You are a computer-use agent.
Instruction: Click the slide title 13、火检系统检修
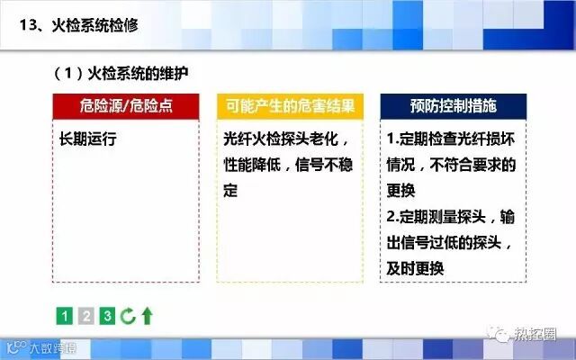[78, 25]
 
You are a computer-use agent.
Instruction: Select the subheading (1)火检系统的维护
[121, 74]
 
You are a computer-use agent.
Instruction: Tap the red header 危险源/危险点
[126, 106]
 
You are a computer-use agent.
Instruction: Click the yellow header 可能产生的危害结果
[290, 106]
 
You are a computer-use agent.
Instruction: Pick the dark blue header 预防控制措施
[454, 106]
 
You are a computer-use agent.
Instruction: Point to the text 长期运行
[88, 139]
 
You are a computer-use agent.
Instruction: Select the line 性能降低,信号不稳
[288, 165]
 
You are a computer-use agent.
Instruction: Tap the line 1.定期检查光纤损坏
[451, 139]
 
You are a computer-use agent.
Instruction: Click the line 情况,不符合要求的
[452, 165]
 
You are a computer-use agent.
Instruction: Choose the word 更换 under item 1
[400, 190]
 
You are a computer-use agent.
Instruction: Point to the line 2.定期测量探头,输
[451, 216]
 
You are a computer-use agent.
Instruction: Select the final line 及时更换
[415, 268]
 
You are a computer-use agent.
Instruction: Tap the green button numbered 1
[65, 316]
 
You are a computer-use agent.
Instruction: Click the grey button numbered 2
[86, 316]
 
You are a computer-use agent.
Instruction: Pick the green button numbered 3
[107, 316]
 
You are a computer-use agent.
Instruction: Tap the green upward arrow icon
[148, 316]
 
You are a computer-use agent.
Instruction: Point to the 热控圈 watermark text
[535, 335]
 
